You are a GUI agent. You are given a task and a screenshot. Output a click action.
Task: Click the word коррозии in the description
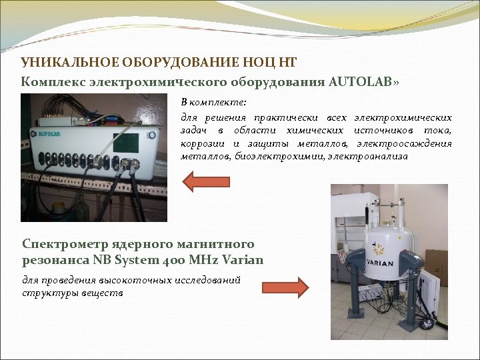[x=202, y=143]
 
